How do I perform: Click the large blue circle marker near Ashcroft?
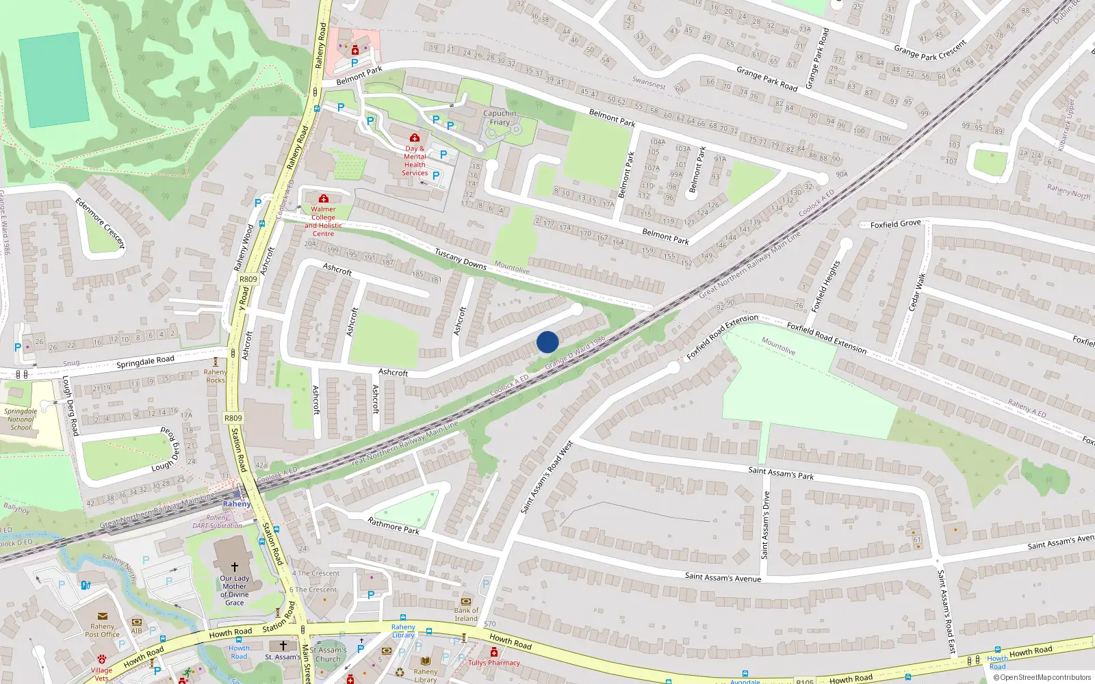pos(547,342)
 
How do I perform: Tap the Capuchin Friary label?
pos(500,118)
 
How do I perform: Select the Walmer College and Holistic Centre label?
pos(323,221)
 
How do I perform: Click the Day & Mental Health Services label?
pos(415,161)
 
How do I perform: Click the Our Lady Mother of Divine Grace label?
pos(234,590)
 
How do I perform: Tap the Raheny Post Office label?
pos(102,630)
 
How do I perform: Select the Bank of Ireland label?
pos(466,614)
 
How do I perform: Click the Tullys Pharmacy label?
pos(494,662)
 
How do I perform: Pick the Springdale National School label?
pos(21,419)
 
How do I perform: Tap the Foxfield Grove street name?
pos(895,224)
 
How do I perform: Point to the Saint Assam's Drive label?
pos(765,525)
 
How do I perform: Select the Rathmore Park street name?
pos(394,525)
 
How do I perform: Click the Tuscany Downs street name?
pos(461,259)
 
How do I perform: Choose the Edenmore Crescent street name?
pos(101,223)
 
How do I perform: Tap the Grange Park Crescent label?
pos(930,50)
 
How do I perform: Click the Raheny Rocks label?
pos(215,376)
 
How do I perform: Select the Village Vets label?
pos(101,674)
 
